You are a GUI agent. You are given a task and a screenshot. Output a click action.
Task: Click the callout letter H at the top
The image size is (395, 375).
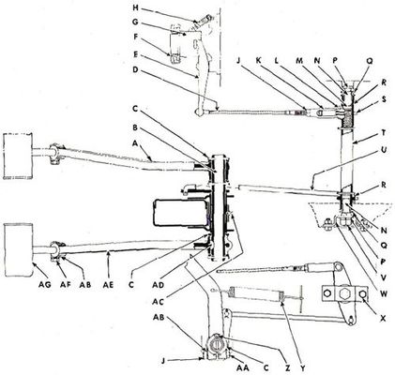tap(135, 7)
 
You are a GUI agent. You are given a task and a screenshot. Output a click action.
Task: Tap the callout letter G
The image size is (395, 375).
tap(135, 22)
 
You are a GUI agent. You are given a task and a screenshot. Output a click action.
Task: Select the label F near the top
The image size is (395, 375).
tap(135, 37)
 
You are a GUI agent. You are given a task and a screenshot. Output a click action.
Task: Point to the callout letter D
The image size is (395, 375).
tap(135, 69)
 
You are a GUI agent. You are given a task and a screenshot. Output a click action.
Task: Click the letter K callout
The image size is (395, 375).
tap(259, 61)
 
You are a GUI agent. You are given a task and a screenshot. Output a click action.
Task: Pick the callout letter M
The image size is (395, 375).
tap(299, 61)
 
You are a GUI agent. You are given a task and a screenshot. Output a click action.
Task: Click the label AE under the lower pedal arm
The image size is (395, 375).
tap(109, 285)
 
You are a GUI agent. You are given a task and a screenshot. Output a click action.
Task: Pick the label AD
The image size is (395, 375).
tap(159, 285)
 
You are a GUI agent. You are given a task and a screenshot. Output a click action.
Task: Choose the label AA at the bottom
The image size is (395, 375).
tap(243, 367)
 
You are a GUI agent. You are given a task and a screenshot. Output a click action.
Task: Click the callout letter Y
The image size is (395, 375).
tap(302, 367)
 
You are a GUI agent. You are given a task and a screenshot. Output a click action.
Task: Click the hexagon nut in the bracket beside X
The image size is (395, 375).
tap(343, 294)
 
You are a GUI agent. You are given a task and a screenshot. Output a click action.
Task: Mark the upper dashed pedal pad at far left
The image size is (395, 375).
tap(18, 157)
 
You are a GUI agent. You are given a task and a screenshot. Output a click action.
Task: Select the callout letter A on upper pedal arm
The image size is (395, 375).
tap(135, 142)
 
